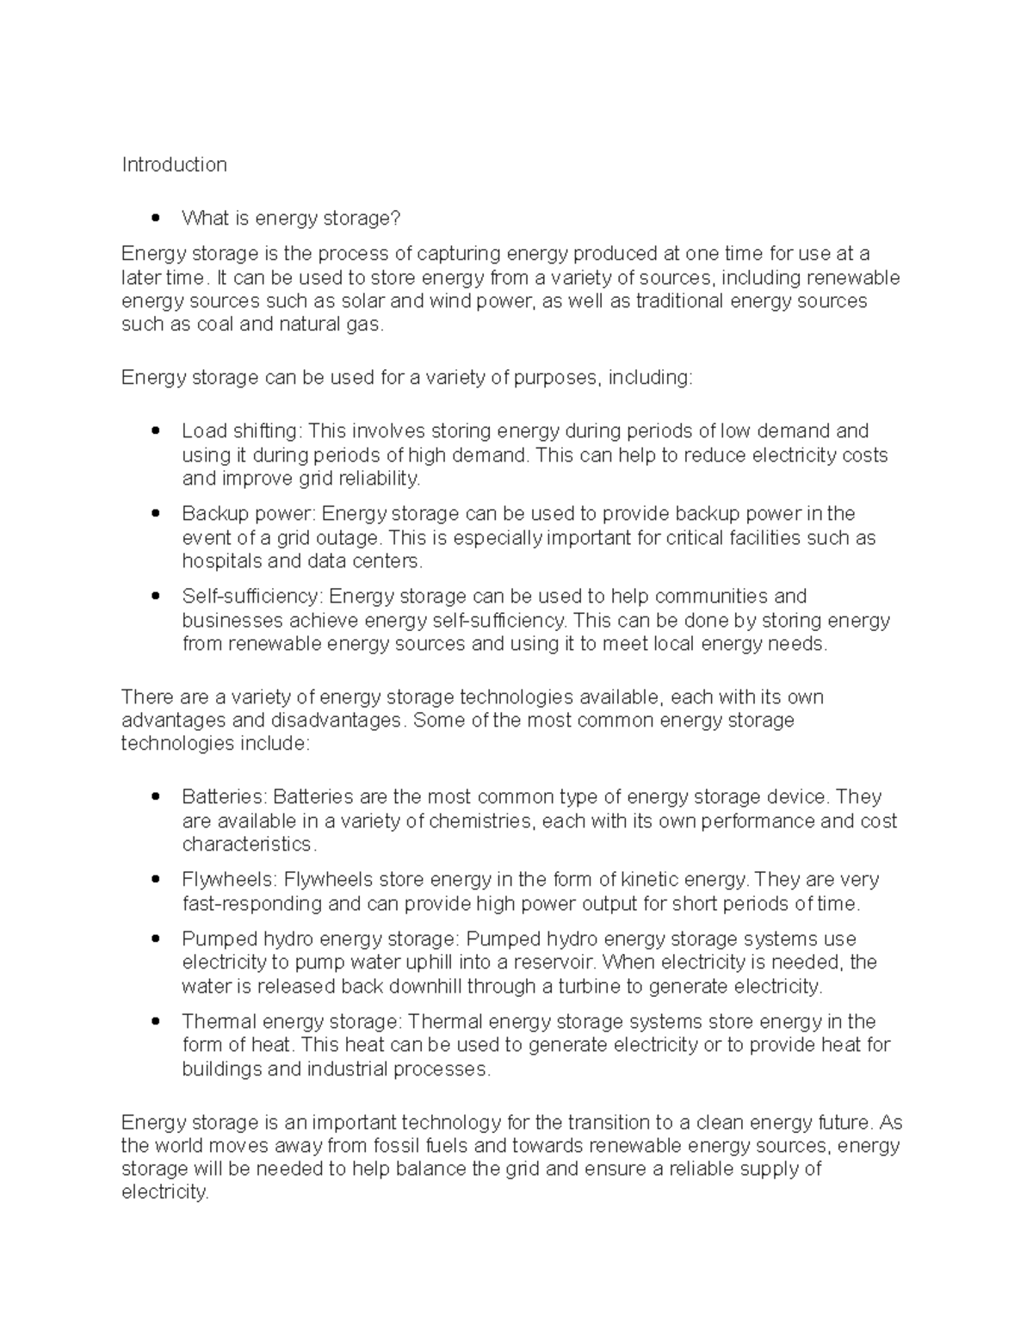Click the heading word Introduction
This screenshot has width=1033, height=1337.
[x=174, y=164]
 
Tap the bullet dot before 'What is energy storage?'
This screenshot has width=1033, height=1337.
[x=155, y=219]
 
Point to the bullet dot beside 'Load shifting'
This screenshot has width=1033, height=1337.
[x=155, y=430]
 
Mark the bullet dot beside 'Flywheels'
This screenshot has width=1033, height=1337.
[x=155, y=880]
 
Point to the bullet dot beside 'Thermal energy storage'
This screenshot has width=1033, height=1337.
[x=155, y=1022]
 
